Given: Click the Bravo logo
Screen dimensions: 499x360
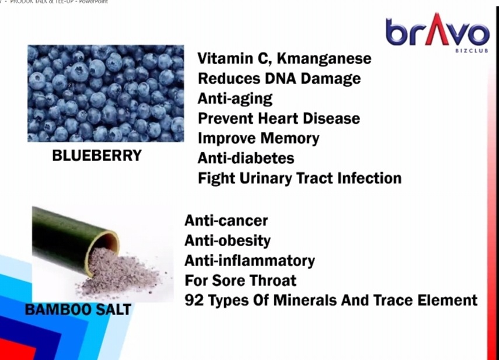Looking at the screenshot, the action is tap(438, 32).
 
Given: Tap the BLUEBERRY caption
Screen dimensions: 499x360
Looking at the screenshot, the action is tap(97, 156).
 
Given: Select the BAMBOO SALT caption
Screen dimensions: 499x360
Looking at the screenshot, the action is tap(78, 309).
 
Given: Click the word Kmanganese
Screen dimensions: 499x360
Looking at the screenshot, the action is tap(324, 58).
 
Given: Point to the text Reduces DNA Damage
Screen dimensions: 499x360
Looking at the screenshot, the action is tap(279, 79).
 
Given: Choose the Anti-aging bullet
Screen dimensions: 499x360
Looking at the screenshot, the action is tap(235, 99).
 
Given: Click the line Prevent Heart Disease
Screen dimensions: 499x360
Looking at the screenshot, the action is tap(279, 118).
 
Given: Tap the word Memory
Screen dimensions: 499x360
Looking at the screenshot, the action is tap(289, 139).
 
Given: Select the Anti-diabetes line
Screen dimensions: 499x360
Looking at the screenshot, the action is tap(246, 158).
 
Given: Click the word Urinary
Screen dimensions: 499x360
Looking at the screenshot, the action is tap(266, 179).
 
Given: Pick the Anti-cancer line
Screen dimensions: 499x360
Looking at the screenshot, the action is tap(226, 221).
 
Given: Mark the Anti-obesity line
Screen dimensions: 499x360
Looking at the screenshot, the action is tap(228, 241).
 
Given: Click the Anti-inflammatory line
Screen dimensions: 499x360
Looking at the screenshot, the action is tap(250, 261).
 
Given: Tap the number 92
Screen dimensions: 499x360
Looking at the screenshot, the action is tap(194, 300).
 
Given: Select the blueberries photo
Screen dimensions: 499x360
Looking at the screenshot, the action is tap(106, 93).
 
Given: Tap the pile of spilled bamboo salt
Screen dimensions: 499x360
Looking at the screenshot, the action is tap(124, 273).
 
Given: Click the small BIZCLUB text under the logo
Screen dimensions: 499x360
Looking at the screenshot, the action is tap(472, 51).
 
